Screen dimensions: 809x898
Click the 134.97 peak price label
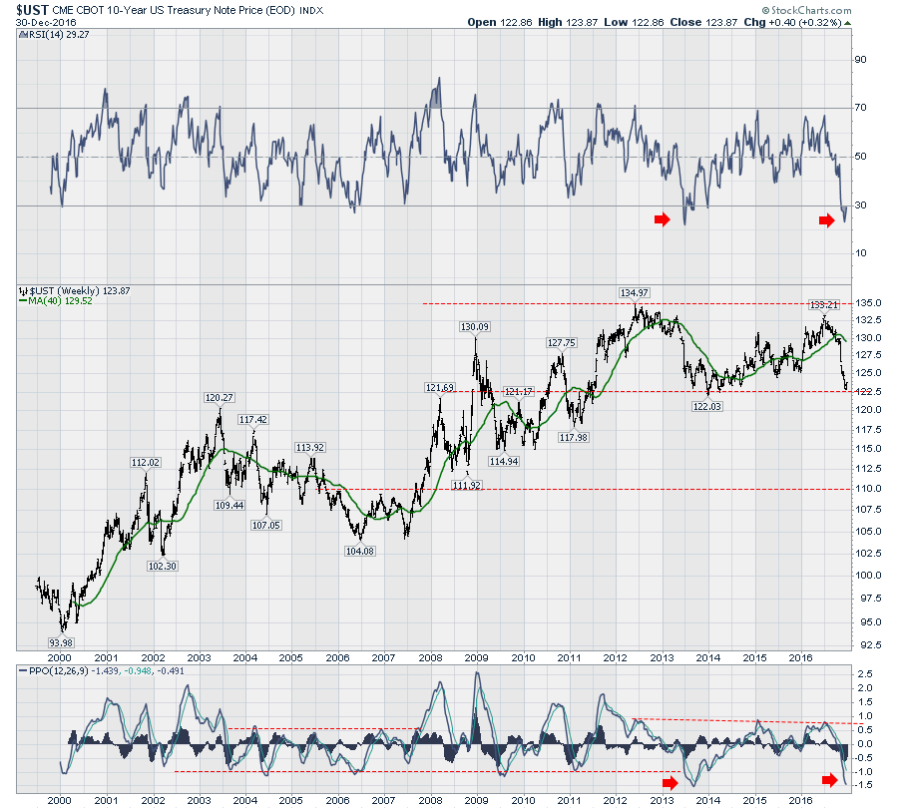[x=635, y=292]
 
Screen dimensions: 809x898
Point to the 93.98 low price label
[x=64, y=642]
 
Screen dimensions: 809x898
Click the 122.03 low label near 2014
[x=707, y=407]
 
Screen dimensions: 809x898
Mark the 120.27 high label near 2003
[x=219, y=398]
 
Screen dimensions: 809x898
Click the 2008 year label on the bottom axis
[x=430, y=799]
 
